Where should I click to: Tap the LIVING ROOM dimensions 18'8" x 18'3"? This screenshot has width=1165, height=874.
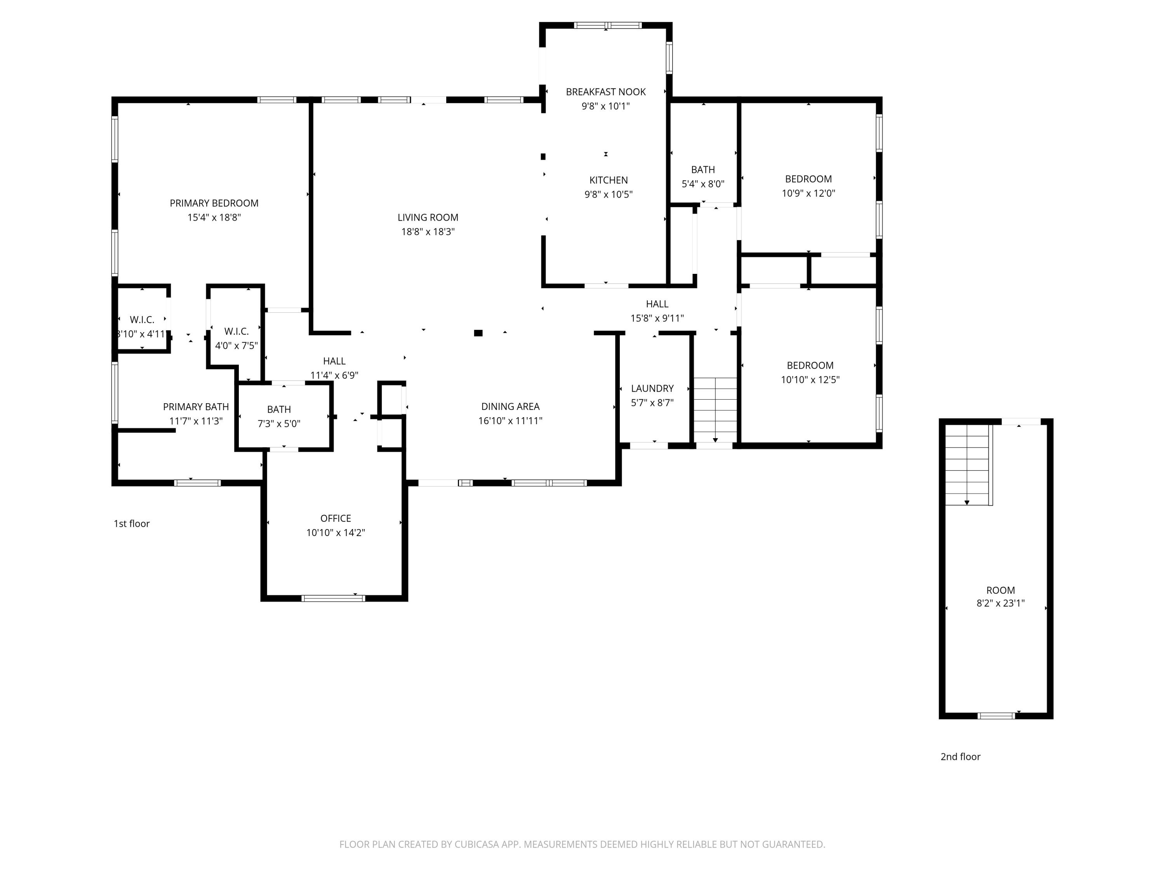[428, 232]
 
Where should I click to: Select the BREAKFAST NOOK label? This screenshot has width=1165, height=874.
[606, 92]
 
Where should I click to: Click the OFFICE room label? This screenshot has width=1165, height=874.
[336, 519]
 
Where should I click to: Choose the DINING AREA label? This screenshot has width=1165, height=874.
[510, 407]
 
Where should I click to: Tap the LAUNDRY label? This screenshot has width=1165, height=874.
[652, 389]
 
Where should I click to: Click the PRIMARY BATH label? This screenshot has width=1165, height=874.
[196, 407]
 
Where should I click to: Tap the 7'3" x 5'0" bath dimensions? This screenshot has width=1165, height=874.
[278, 423]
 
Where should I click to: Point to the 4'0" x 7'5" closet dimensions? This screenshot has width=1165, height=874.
[236, 346]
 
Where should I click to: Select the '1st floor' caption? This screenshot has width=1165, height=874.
[132, 524]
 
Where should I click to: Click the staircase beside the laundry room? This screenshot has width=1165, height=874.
[715, 410]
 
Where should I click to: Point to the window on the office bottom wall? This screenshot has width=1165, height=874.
[333, 598]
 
